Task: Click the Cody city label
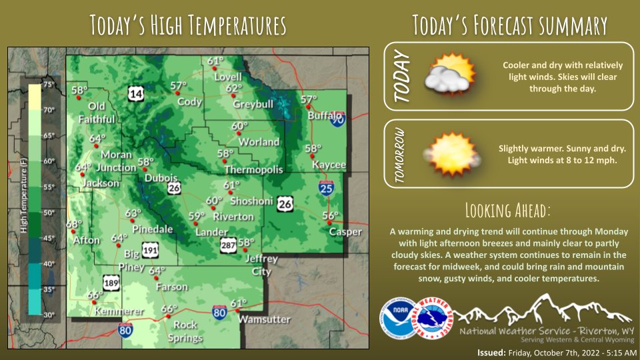(x=189, y=102)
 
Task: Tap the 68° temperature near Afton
(x=73, y=225)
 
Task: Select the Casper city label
(x=345, y=232)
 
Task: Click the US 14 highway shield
(x=136, y=95)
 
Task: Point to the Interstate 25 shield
(x=327, y=190)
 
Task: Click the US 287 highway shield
(x=228, y=246)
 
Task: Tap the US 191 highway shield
(x=150, y=250)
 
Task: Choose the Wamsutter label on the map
(x=265, y=319)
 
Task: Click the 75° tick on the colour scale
(x=49, y=85)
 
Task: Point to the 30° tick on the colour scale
(x=49, y=314)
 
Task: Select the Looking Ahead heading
(x=508, y=211)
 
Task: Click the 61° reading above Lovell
(x=215, y=62)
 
